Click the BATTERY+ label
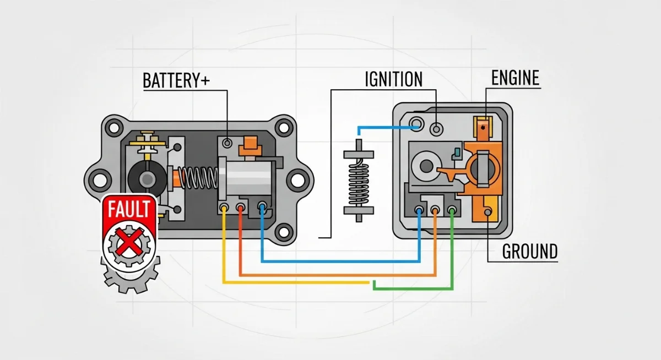click(176, 80)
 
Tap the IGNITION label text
click(393, 79)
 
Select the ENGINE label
click(515, 78)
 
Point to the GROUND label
click(530, 252)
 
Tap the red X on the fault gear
click(129, 242)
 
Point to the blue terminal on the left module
click(262, 208)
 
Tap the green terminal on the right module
click(452, 209)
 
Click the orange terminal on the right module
click(435, 210)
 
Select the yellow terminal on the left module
click(224, 208)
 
